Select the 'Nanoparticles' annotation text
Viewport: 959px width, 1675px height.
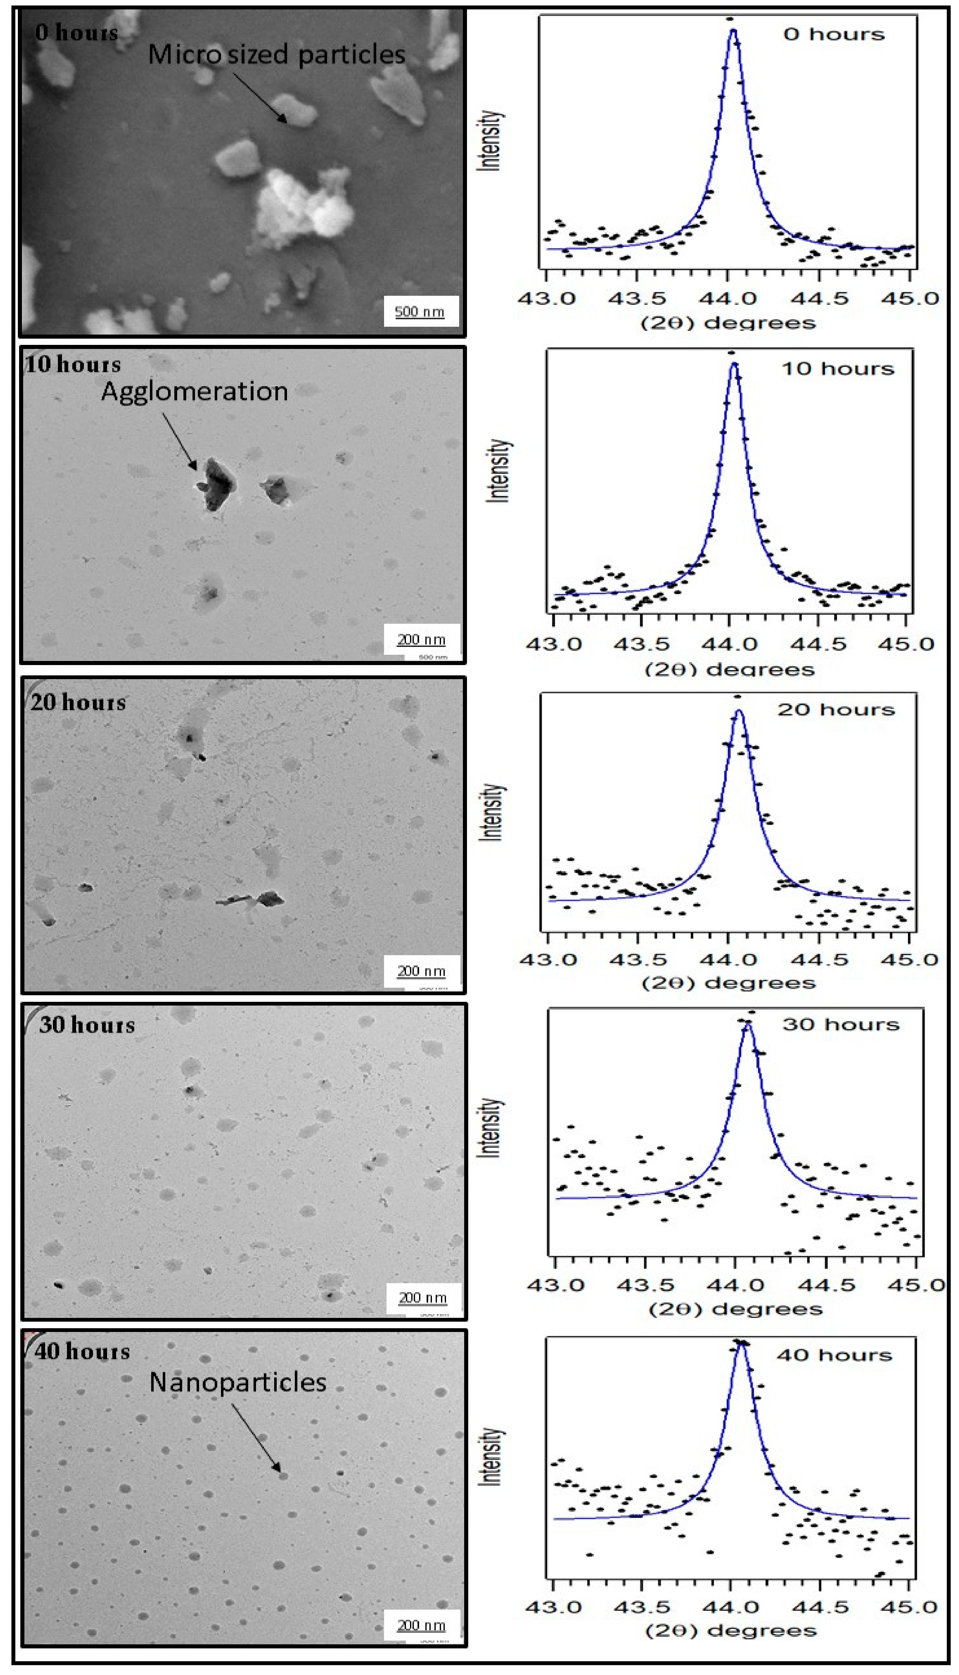pos(238,1382)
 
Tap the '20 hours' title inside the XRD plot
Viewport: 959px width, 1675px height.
pos(836,710)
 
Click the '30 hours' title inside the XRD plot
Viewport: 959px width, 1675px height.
pos(840,1024)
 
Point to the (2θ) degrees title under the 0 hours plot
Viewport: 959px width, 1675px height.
pos(728,323)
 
